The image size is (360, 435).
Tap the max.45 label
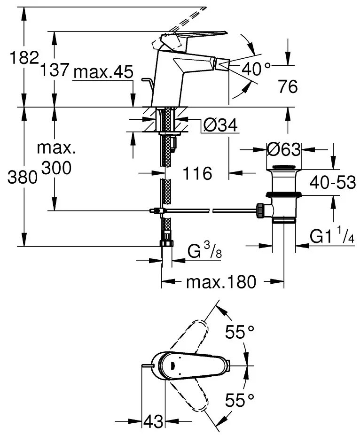pyautogui.click(x=103, y=72)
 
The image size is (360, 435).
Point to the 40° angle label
pyautogui.click(x=256, y=70)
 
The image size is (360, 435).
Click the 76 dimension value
pyautogui.click(x=288, y=86)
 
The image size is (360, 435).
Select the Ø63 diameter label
pyautogui.click(x=283, y=150)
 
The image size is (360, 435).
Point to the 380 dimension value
pyautogui.click(x=23, y=177)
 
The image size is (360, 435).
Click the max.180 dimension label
pyautogui.click(x=221, y=282)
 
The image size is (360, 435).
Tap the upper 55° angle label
pyautogui.click(x=240, y=333)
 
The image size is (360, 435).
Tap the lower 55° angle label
pyautogui.click(x=240, y=400)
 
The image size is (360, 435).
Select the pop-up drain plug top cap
pyautogui.click(x=283, y=168)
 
